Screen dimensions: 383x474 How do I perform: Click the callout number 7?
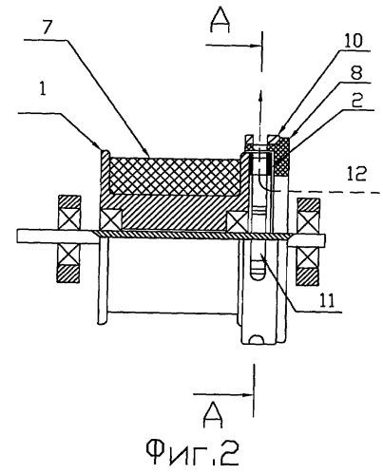[x=48, y=28]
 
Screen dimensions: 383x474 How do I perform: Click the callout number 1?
[x=42, y=90]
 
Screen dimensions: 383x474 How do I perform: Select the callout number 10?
[x=353, y=41]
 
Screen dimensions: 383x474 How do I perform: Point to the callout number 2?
[x=357, y=101]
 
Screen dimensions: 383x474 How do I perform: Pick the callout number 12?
[x=356, y=174]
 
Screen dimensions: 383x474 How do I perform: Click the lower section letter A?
[x=213, y=415]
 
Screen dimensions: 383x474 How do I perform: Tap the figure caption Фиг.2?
[x=192, y=452]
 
